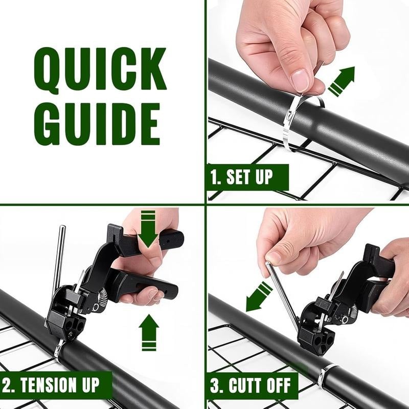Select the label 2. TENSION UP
[57, 383]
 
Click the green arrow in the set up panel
[341, 81]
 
